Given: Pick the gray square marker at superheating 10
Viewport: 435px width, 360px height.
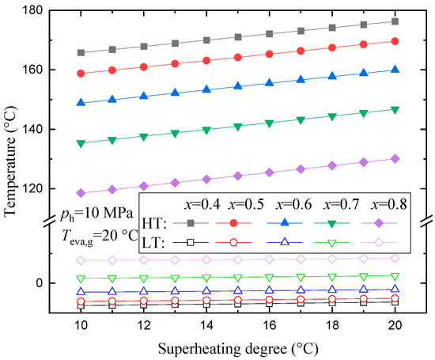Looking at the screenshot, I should (x=81, y=52).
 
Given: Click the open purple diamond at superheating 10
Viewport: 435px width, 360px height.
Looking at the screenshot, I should (x=81, y=260).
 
